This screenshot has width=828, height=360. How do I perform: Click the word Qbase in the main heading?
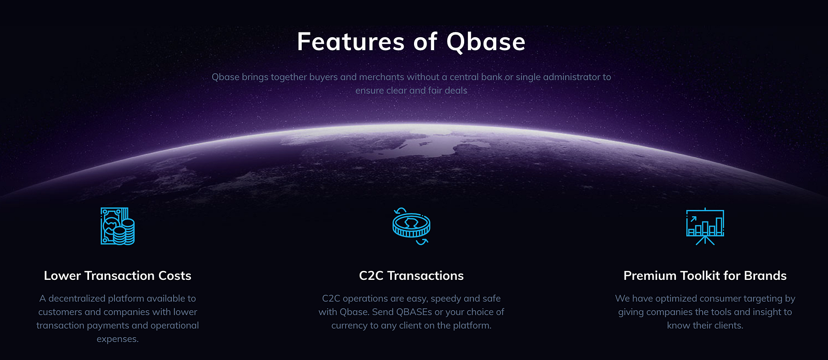pyautogui.click(x=486, y=42)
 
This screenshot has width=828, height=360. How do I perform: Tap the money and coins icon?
pyautogui.click(x=117, y=226)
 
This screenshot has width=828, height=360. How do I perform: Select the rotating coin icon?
pyautogui.click(x=411, y=226)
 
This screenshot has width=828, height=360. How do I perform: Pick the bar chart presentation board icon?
pyautogui.click(x=705, y=226)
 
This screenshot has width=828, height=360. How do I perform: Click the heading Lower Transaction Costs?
pyautogui.click(x=117, y=276)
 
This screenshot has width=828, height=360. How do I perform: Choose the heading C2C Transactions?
pyautogui.click(x=411, y=276)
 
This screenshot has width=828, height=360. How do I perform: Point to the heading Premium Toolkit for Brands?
pyautogui.click(x=705, y=276)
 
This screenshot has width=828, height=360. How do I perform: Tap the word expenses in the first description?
pyautogui.click(x=117, y=339)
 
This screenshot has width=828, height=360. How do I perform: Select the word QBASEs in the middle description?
pyautogui.click(x=414, y=312)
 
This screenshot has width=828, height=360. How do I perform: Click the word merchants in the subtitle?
pyautogui.click(x=381, y=77)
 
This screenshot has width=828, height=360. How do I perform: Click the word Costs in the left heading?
pyautogui.click(x=175, y=276)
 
